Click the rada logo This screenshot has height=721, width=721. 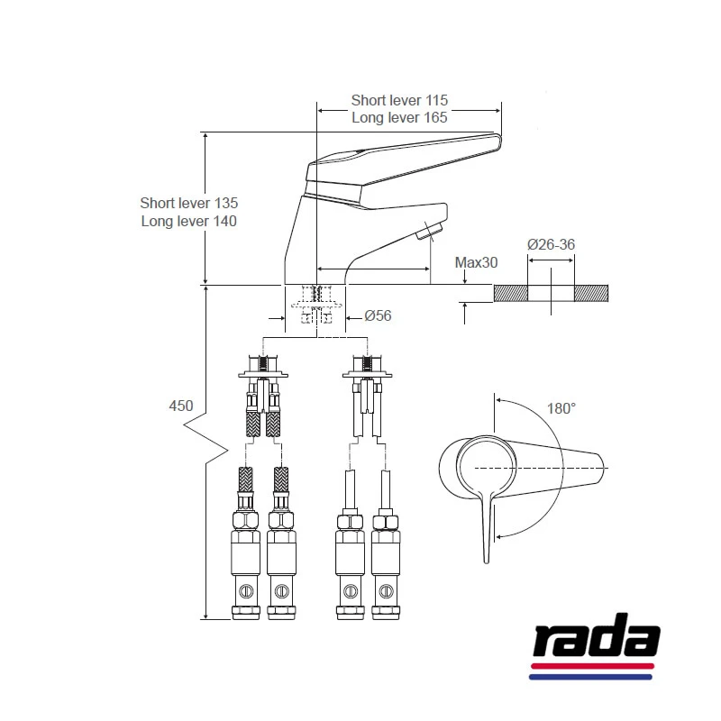tap(594, 641)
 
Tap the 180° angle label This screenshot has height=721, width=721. tap(561, 408)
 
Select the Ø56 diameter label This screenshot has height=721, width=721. tap(378, 316)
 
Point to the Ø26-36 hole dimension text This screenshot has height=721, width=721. tap(550, 244)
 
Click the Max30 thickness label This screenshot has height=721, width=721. tap(476, 262)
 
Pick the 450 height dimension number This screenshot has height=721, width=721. tap(181, 406)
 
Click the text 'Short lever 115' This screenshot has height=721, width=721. tap(399, 100)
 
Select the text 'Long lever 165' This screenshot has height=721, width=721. tap(399, 117)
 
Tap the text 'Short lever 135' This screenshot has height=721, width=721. tap(188, 203)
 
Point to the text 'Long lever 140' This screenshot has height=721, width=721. tap(188, 221)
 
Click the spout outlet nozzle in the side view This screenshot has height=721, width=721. tap(427, 235)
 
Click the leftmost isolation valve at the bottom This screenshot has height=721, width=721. tap(247, 568)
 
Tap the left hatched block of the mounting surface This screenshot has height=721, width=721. tap(510, 293)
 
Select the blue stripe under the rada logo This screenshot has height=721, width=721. tap(589, 676)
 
